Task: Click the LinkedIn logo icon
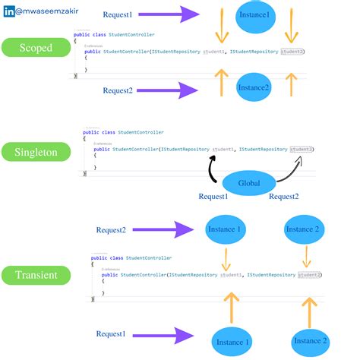(8, 12)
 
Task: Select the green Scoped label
(35, 47)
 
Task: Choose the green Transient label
(35, 274)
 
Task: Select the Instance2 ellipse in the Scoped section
(254, 87)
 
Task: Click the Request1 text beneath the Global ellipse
(213, 197)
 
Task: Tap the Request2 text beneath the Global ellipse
(284, 197)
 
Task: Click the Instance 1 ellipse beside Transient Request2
(225, 229)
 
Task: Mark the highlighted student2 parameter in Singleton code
(302, 149)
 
